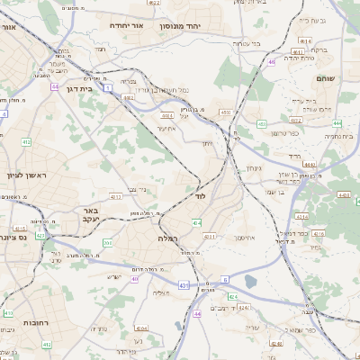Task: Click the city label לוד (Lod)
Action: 200,194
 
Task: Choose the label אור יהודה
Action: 127,26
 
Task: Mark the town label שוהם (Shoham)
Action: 327,79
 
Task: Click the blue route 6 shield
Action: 226,280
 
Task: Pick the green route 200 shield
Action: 107,243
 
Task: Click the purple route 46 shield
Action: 271,62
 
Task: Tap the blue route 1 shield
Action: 107,87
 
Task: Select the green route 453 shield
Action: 260,123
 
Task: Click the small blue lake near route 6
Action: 249,282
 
